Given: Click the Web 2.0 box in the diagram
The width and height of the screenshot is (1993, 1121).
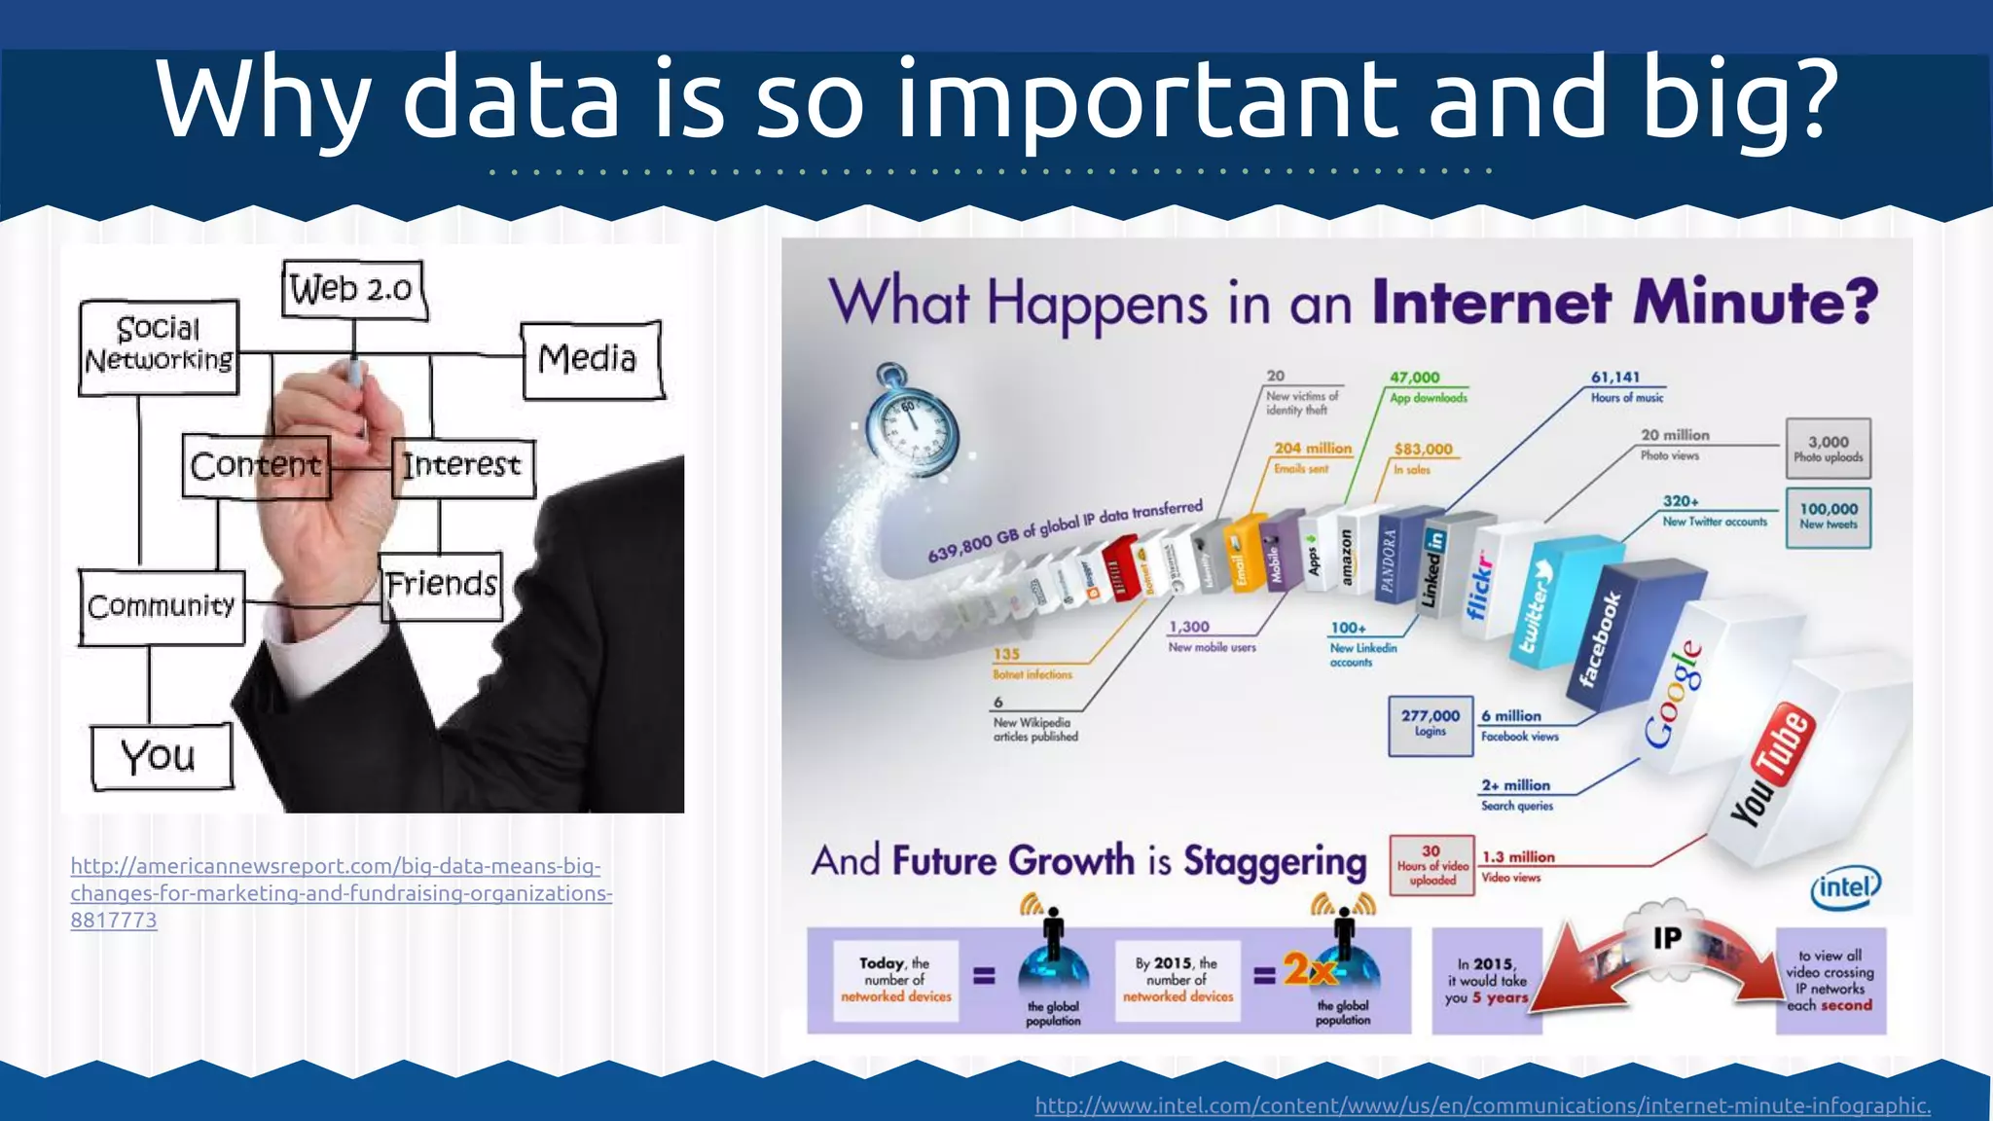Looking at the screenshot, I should (354, 289).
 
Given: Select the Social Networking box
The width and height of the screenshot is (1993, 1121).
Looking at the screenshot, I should (159, 346).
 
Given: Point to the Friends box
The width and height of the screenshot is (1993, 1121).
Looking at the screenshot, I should (441, 585).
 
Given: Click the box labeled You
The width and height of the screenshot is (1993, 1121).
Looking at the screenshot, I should (162, 756).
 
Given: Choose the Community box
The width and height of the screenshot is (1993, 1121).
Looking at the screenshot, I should (162, 606).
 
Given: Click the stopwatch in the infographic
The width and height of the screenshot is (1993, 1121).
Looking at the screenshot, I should (912, 421).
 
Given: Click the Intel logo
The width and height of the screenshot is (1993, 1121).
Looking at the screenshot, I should (1845, 887).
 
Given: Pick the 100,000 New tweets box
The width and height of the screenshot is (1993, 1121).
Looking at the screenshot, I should (1828, 517).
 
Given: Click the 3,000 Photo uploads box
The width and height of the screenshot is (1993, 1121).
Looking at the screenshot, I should (1828, 449).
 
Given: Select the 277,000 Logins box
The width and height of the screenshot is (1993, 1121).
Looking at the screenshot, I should (1430, 724).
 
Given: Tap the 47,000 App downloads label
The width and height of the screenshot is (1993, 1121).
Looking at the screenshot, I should (1428, 386).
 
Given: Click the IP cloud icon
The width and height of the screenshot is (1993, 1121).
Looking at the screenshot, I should (1667, 937).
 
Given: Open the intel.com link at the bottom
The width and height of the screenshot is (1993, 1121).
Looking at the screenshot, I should (1482, 1105).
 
